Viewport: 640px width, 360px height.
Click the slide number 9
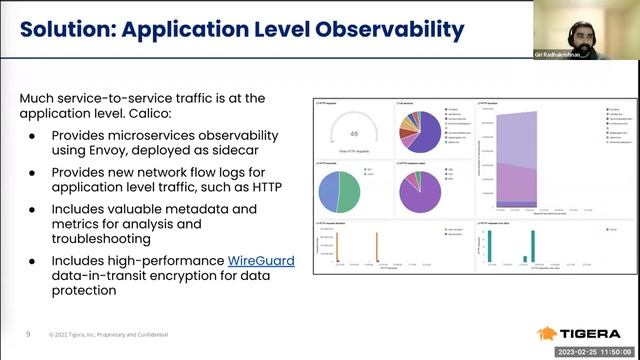coord(28,332)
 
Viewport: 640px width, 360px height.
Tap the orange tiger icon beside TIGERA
coord(549,333)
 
